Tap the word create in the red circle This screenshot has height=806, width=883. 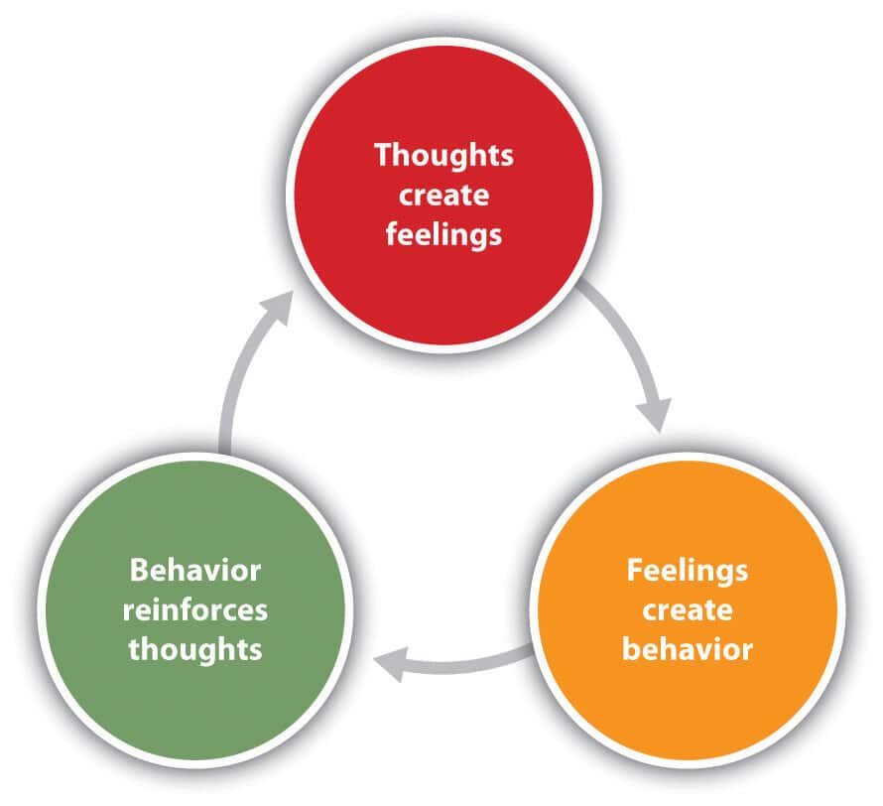pos(443,196)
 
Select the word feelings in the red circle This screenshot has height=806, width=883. pos(443,236)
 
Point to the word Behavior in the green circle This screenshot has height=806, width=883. pos(195,570)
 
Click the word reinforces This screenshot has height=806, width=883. pos(195,609)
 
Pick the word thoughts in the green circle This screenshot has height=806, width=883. pos(195,649)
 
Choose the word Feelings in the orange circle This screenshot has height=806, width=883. pos(688,570)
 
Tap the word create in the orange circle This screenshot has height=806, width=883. pos(688,609)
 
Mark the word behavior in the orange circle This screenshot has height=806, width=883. pos(688,650)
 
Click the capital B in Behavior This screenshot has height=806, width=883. pos(139,570)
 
